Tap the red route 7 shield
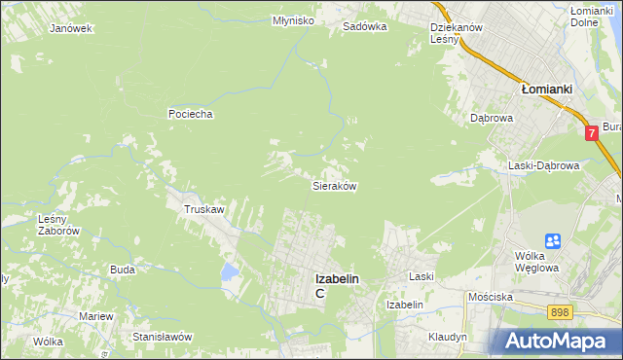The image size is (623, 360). point(591,132)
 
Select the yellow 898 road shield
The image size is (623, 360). point(559,311)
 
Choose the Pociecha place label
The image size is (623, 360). point(190,114)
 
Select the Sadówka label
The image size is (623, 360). point(365,27)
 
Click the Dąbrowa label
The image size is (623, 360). point(492,118)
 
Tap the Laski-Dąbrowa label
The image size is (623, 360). point(544,165)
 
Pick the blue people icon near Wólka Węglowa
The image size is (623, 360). point(553,240)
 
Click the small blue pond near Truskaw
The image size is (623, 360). point(230,270)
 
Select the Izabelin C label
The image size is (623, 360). point(336,285)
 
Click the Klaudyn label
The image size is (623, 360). point(447,337)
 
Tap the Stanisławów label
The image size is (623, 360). point(163,337)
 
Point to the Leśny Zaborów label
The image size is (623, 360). point(57,226)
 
